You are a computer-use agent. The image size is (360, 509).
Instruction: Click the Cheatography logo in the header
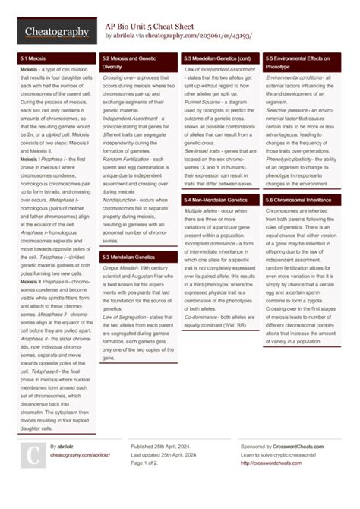51,31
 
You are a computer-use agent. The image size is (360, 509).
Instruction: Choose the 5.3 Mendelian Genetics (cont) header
217,58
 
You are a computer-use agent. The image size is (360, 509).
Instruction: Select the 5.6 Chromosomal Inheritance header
297,199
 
